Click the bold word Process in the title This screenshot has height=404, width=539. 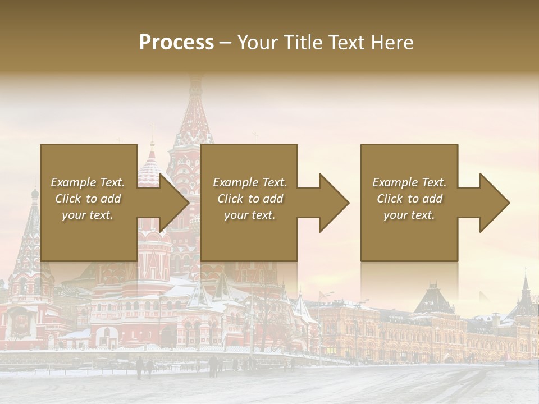(176, 43)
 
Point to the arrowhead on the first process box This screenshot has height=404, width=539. (175, 203)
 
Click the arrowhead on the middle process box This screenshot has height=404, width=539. (335, 203)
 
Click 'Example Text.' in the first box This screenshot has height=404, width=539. (88, 182)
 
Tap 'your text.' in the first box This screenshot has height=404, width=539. (88, 215)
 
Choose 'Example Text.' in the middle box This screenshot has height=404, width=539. (250, 182)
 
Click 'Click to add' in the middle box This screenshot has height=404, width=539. (250, 199)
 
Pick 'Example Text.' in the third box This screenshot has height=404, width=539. (409, 182)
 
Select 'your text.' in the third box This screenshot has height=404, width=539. (409, 215)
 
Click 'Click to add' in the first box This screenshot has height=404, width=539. (88, 199)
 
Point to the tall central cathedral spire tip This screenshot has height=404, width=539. (195, 81)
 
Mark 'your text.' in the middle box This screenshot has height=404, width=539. (250, 215)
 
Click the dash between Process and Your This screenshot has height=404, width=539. (226, 43)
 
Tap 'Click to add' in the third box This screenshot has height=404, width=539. (409, 199)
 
